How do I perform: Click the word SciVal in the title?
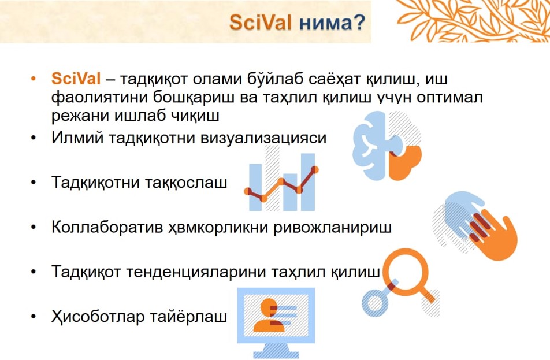[x=260, y=23]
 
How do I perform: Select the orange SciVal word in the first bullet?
[x=76, y=78]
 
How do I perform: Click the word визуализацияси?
[x=263, y=138]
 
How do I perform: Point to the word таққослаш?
[x=186, y=183]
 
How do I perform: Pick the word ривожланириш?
[x=333, y=227]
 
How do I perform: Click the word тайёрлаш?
[x=189, y=317]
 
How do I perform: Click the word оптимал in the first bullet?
[x=449, y=97]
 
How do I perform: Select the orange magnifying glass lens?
[x=406, y=270]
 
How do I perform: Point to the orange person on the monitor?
[x=269, y=316]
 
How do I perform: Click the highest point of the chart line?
[x=315, y=170]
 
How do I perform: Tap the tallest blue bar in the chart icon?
[x=308, y=182]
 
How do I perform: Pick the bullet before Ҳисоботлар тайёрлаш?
[x=34, y=317]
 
